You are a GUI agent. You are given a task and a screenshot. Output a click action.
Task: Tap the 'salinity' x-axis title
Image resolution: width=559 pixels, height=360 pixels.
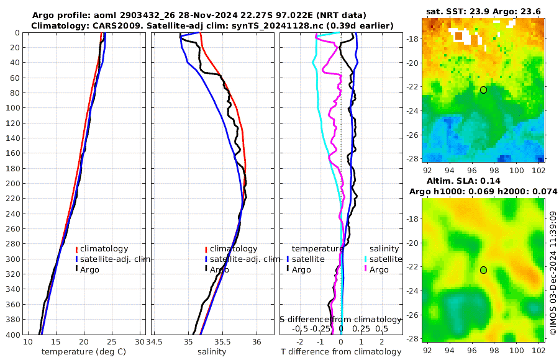[212, 352]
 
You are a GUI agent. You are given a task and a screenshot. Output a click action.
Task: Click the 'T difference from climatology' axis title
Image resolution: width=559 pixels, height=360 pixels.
[342, 352]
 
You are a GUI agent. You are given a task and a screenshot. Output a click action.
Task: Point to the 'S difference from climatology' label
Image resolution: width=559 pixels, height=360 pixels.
[340, 319]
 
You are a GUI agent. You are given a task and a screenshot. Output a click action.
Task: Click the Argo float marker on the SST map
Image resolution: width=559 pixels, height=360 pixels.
[483, 90]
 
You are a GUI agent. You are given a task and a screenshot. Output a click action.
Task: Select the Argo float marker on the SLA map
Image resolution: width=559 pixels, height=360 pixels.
[483, 270]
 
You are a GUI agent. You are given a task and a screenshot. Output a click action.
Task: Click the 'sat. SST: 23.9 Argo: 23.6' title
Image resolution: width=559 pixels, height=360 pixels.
[484, 12]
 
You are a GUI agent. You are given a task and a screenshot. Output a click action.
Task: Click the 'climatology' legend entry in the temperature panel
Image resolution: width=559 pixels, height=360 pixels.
[106, 249]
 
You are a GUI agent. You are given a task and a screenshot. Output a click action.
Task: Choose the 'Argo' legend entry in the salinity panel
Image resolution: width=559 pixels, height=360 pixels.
[219, 269]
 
